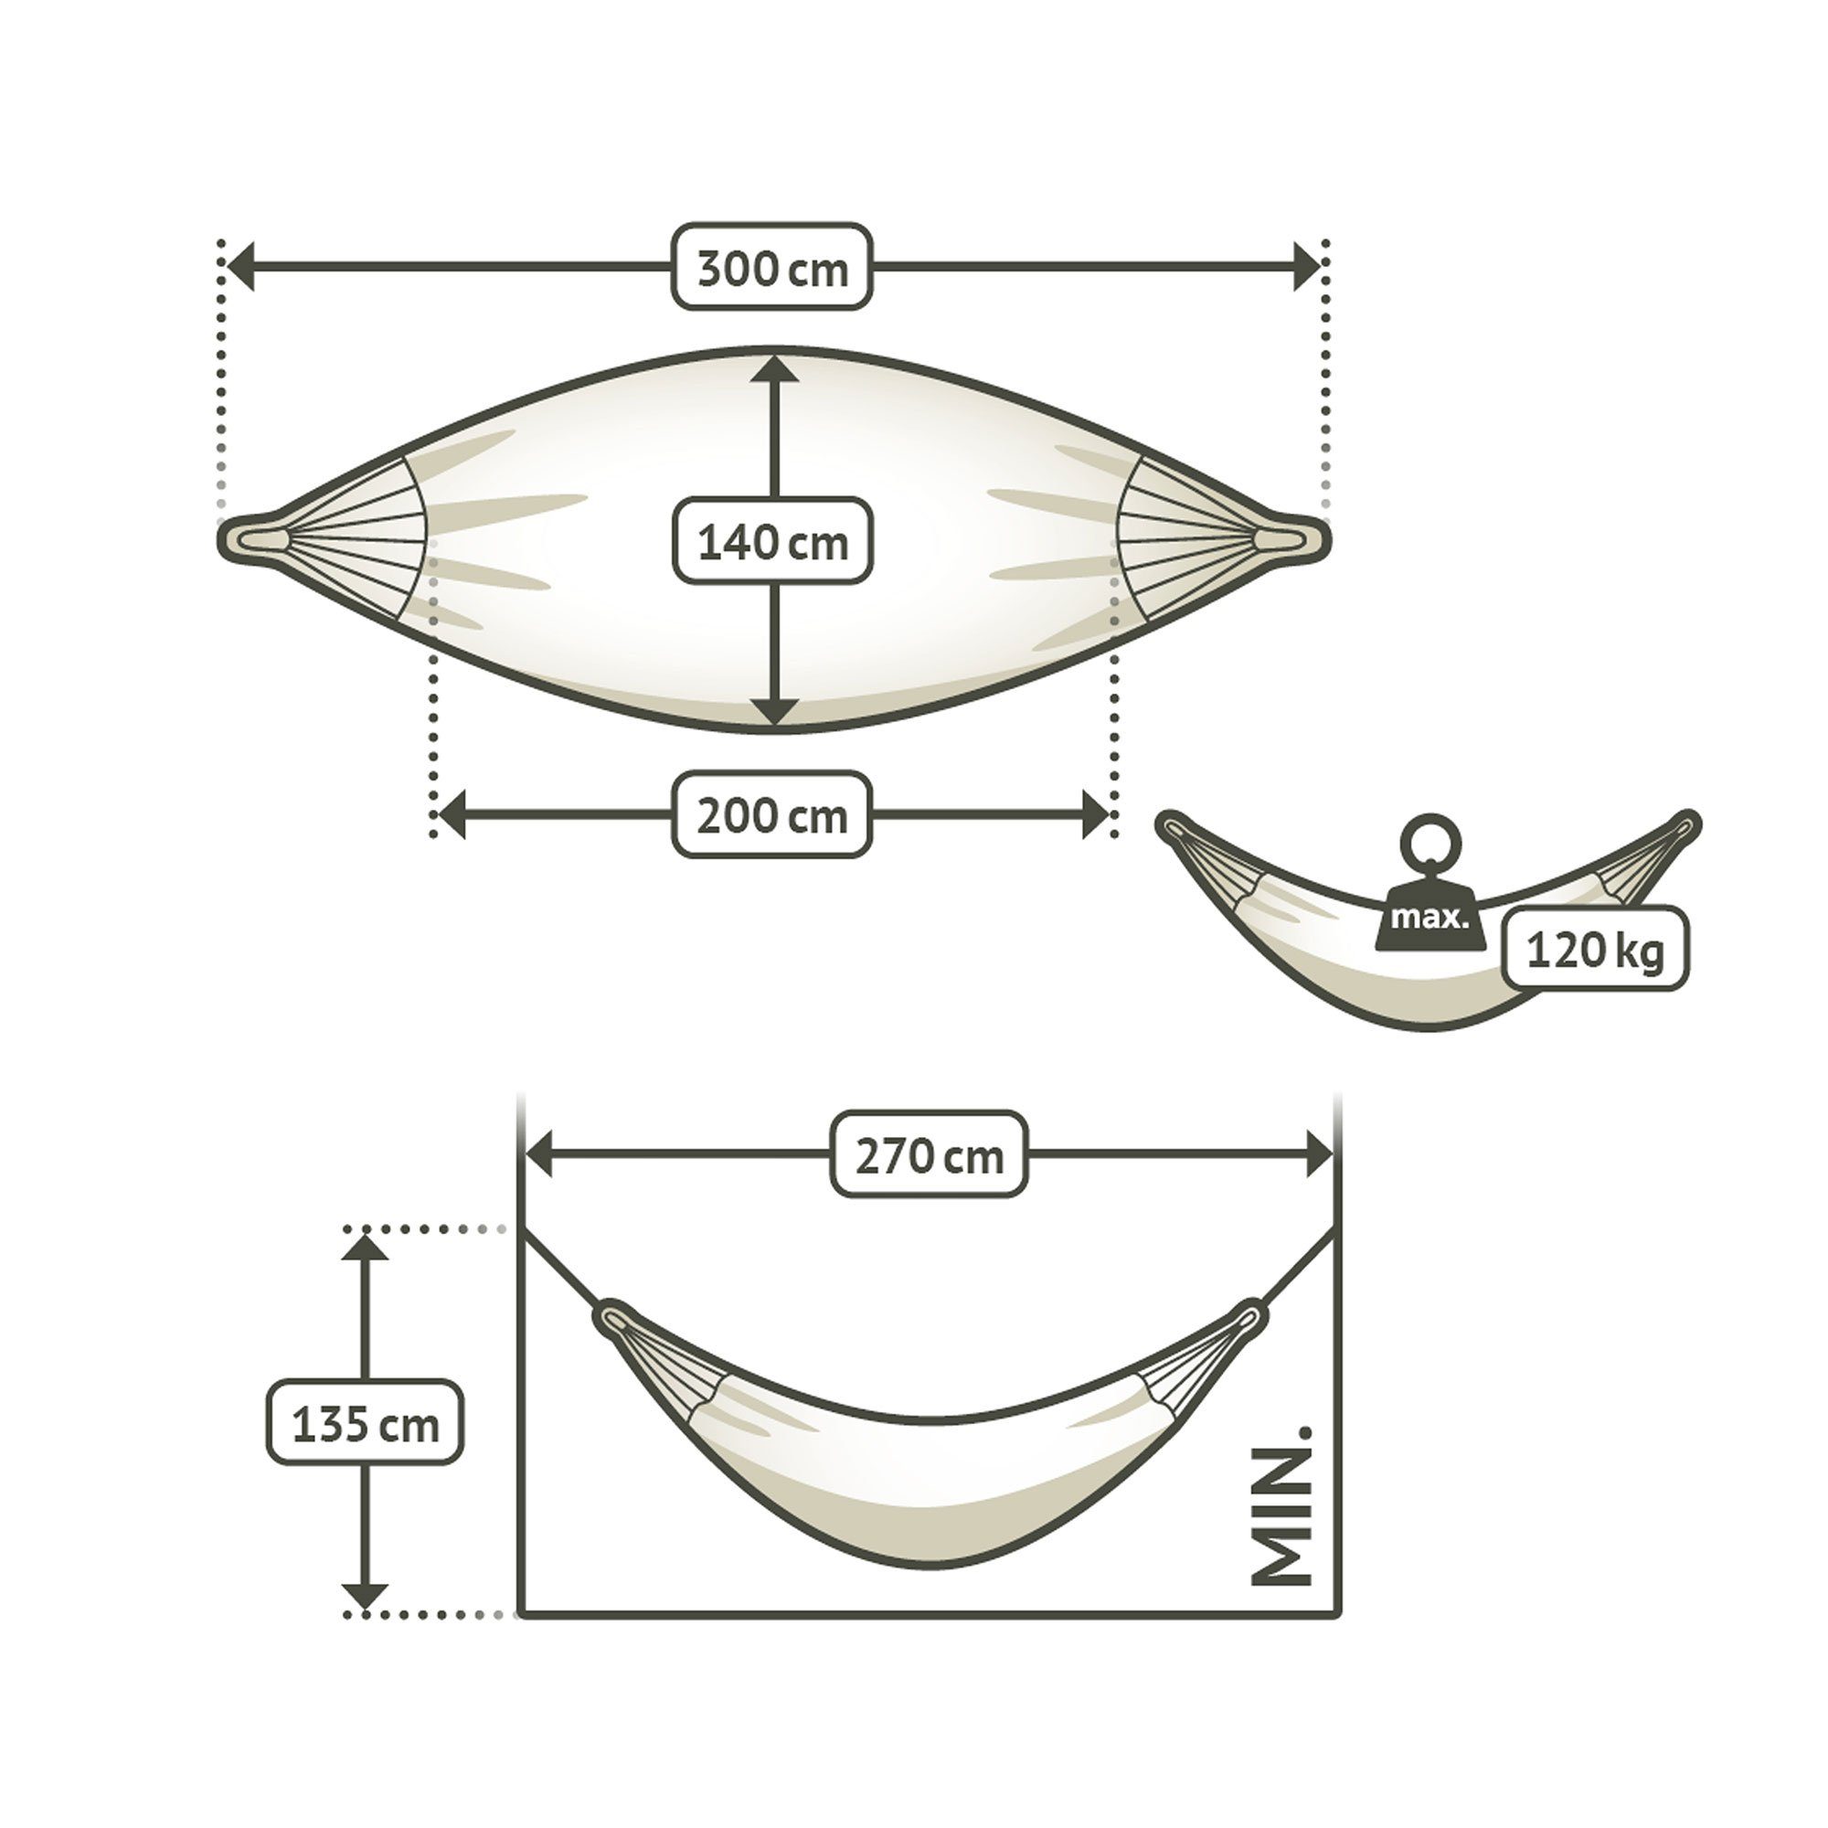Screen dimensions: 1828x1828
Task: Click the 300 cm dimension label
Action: tap(772, 268)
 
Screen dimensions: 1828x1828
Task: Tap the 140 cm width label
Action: tap(772, 541)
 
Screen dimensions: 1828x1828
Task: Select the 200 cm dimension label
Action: tap(772, 814)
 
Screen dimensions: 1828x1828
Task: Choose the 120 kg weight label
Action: tap(1594, 949)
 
